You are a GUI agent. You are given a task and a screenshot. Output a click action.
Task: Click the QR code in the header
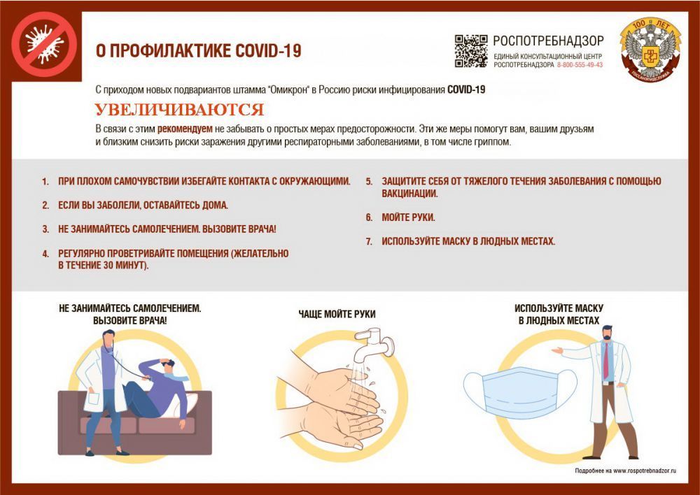471,51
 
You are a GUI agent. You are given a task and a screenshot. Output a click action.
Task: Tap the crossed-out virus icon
44,44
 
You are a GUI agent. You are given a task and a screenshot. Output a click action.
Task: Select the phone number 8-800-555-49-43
580,65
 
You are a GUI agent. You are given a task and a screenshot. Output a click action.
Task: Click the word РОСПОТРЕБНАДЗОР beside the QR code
548,41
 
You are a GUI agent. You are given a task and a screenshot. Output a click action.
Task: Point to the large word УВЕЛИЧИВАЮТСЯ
179,110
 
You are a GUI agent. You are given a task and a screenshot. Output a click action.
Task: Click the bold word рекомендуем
185,129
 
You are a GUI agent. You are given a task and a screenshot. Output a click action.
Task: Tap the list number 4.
45,254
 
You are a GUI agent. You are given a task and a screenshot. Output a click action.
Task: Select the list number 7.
369,242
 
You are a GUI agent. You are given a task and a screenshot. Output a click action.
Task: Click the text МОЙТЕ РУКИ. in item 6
408,217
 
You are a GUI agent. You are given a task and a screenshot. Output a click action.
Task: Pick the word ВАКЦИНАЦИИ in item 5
409,194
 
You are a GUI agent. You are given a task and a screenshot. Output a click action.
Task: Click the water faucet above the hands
374,344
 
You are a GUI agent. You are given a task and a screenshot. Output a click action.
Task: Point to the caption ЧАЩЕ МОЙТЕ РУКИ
337,315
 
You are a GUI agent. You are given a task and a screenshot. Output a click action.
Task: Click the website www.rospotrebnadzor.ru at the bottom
645,471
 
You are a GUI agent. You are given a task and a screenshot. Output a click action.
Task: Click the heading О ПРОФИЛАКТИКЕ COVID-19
199,51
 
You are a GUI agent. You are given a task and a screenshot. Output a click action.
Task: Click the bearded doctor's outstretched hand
557,350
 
